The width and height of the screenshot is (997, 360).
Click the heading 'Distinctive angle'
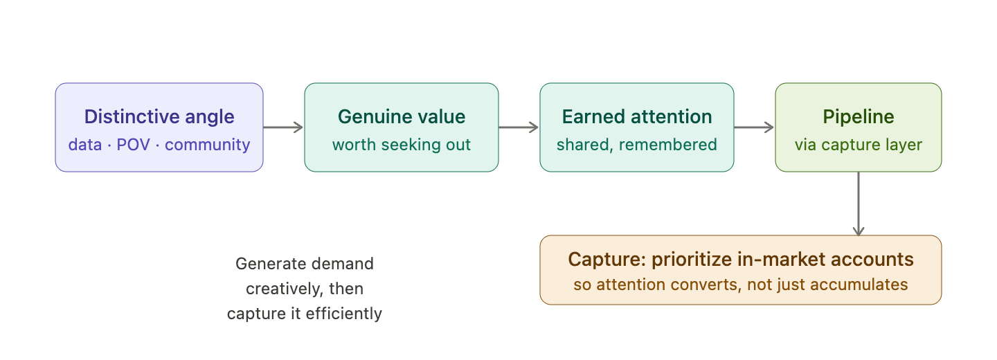pyautogui.click(x=159, y=116)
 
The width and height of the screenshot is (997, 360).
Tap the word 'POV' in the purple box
pyautogui.click(x=133, y=145)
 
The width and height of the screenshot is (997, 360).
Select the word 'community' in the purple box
pyautogui.click(x=208, y=145)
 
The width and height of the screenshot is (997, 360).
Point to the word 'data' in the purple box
pyautogui.click(x=85, y=145)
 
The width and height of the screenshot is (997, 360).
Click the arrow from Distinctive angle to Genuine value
pyautogui.click(x=283, y=127)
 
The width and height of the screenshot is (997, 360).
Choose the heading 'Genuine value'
pyautogui.click(x=402, y=116)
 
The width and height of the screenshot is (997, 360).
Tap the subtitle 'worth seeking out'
pyautogui.click(x=402, y=145)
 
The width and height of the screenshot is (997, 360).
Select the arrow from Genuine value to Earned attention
pyautogui.click(x=519, y=127)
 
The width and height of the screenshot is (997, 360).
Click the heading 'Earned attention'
pyautogui.click(x=637, y=116)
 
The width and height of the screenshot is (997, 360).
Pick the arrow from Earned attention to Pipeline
pyautogui.click(x=754, y=127)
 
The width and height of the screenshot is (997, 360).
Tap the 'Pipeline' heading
pyautogui.click(x=858, y=116)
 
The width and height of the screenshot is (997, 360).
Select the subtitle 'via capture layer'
pyautogui.click(x=858, y=145)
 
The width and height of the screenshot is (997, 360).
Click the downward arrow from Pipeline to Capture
pyautogui.click(x=859, y=204)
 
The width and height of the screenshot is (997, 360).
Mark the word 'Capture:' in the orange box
pyautogui.click(x=607, y=260)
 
